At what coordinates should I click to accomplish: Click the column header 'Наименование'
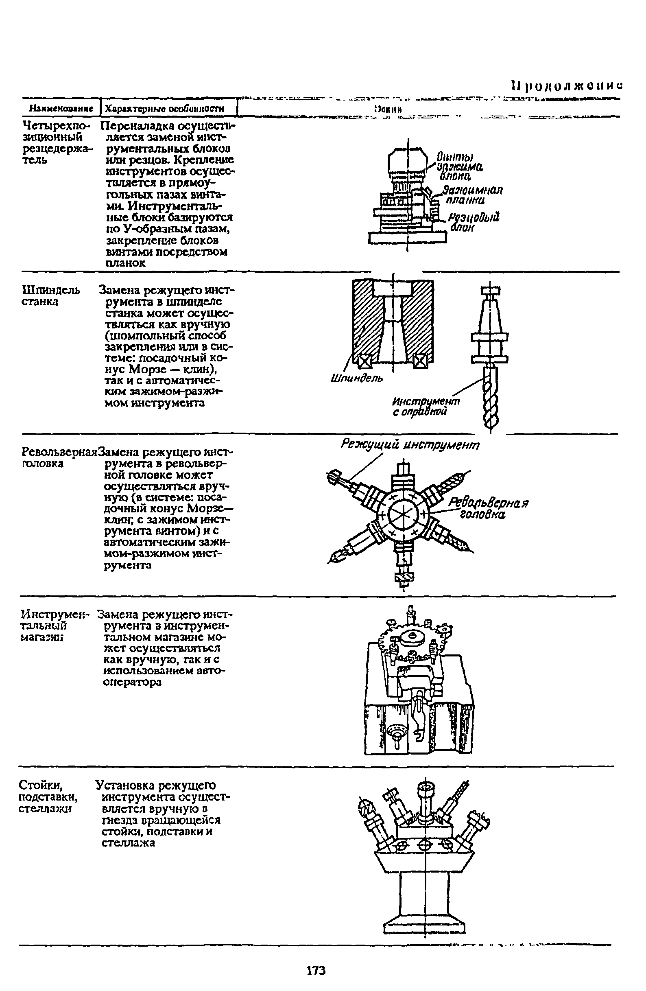point(61,109)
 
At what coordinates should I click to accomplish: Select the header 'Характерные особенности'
point(164,109)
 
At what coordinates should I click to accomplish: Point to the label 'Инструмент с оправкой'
point(426,407)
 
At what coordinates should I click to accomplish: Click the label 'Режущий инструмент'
point(410,445)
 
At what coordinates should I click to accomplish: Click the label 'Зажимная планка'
point(471,195)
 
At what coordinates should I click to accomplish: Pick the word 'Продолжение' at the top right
point(566,86)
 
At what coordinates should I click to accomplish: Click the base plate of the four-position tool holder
point(407,237)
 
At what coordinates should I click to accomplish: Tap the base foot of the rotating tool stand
point(424,925)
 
